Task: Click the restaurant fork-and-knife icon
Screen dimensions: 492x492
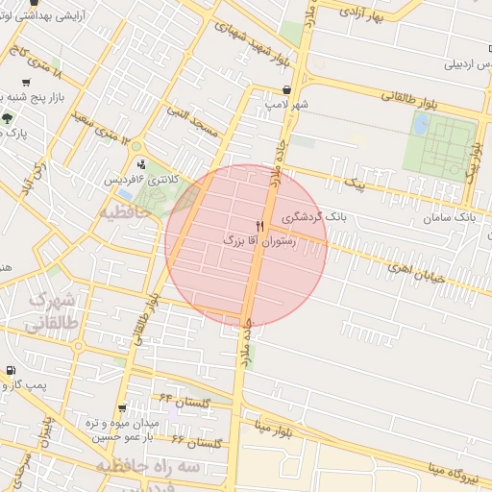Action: [x=259, y=225]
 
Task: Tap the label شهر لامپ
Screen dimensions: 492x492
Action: [x=288, y=103]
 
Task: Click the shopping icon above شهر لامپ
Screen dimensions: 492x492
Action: [x=287, y=89]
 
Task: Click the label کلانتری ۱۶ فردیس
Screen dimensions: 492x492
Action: [x=137, y=180]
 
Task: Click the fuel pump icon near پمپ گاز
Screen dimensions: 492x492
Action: [x=10, y=370]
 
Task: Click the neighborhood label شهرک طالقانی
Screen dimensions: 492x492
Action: [x=54, y=313]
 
